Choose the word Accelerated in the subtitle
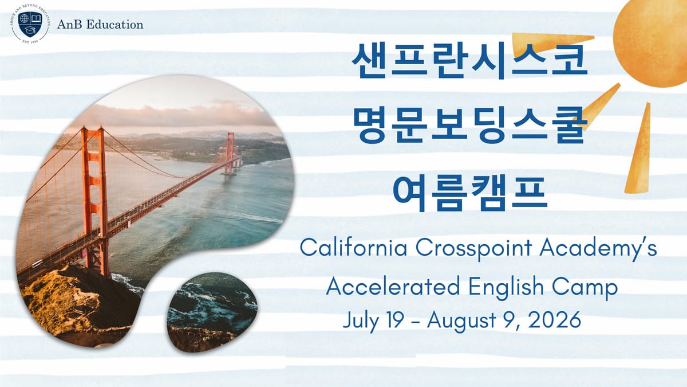389,286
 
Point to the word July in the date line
361,319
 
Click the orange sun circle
653,40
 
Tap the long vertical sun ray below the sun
638,149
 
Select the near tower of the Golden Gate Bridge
94,195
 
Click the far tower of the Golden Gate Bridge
230,152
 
